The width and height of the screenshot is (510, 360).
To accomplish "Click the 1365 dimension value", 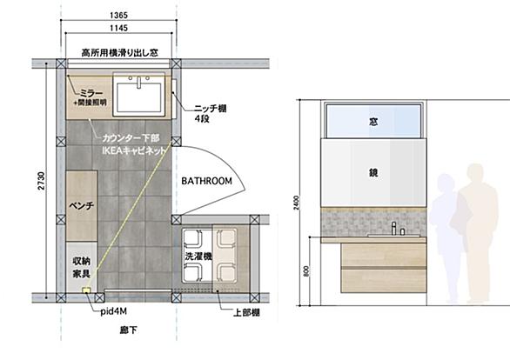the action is [118, 16].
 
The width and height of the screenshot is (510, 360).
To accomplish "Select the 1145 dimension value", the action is [118, 28].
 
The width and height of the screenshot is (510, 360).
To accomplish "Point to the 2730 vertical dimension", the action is [41, 181].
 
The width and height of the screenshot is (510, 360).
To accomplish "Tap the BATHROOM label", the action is [206, 181].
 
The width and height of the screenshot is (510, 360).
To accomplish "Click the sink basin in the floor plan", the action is [139, 97].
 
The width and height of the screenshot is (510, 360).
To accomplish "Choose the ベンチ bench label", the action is [82, 205].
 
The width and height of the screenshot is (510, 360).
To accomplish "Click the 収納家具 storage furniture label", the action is [81, 268].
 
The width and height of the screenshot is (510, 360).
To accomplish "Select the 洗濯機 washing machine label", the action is [198, 256].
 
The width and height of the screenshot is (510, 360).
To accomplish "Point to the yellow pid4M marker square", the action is [86, 290].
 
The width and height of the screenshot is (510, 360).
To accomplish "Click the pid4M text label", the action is [113, 311].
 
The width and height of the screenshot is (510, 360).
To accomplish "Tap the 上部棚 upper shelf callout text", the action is [246, 312].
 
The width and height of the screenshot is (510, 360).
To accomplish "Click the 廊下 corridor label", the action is [128, 330].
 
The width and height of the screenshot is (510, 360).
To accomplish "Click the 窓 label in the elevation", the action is [373, 122].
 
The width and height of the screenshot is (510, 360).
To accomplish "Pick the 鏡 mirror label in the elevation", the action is [373, 172].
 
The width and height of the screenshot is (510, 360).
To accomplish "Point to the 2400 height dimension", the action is [296, 203].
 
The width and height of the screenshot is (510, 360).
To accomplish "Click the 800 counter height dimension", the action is [306, 271].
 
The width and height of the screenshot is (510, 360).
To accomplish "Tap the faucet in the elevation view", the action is [394, 228].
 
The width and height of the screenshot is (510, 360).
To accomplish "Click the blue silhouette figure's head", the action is [446, 182].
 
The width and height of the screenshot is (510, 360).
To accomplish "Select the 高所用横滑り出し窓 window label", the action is [120, 53].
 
